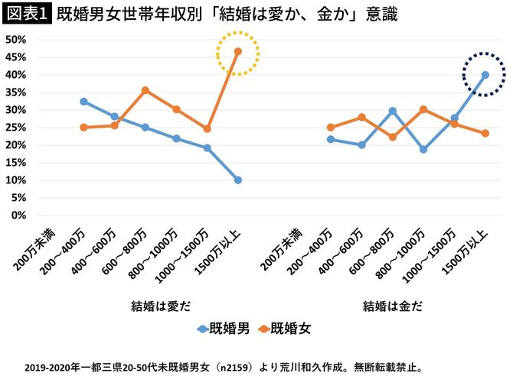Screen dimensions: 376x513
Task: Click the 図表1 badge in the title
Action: click(x=27, y=15)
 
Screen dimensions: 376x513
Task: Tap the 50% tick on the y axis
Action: click(x=16, y=40)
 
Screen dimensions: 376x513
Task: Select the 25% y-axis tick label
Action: click(x=16, y=128)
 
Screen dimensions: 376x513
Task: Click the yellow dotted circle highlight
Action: click(x=238, y=53)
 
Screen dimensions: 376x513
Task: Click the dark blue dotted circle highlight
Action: click(x=485, y=75)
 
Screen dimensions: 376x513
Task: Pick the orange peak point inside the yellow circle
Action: click(x=238, y=51)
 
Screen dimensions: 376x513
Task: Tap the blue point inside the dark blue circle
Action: click(x=485, y=75)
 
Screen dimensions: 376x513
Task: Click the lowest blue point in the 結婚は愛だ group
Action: click(x=238, y=180)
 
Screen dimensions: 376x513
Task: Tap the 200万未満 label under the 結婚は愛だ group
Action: click(x=38, y=248)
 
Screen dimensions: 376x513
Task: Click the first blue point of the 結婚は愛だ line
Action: click(x=83, y=101)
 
